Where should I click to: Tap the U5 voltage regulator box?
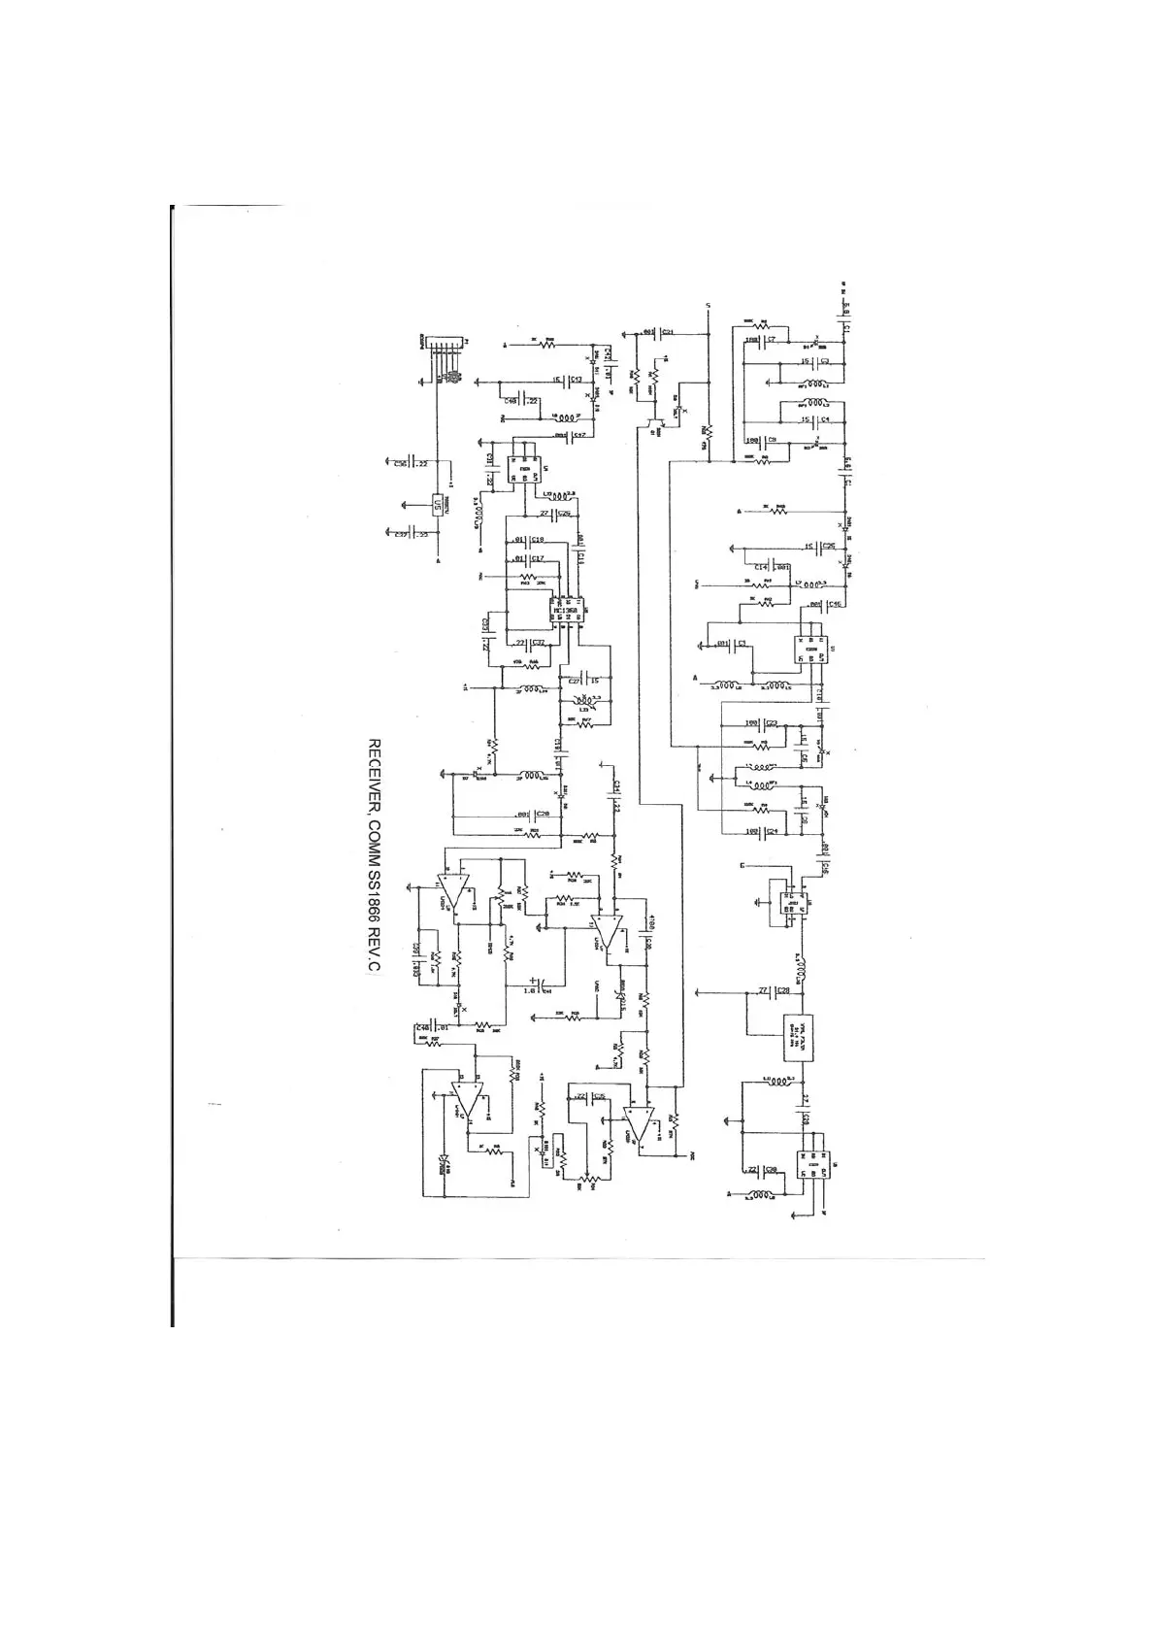coord(438,505)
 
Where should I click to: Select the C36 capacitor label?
coord(400,463)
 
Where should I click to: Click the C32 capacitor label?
coord(539,642)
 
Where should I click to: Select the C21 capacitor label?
coord(668,332)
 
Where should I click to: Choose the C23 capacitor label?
coord(773,722)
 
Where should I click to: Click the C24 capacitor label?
coord(773,831)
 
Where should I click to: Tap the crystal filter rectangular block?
coord(798,1042)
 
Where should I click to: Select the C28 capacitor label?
coord(783,991)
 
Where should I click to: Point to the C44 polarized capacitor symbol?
coord(536,984)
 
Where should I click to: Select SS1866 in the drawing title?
coord(372,902)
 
